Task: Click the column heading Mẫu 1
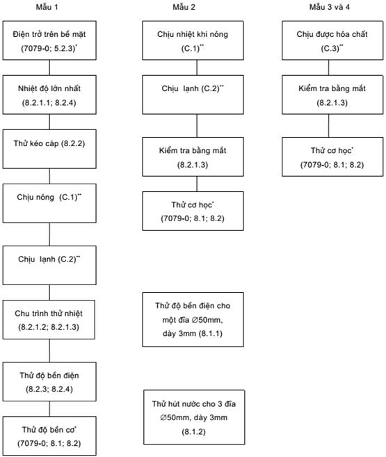(x=47, y=7)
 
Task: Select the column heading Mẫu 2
(x=184, y=7)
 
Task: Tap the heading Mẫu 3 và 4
(x=330, y=7)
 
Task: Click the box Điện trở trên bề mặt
(x=49, y=40)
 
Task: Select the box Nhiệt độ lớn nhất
(x=49, y=95)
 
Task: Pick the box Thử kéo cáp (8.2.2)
(x=49, y=149)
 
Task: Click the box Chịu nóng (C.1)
(x=49, y=203)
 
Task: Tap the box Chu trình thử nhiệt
(x=49, y=319)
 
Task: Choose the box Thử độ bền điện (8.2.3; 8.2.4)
(x=49, y=382)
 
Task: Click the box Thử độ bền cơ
(x=49, y=435)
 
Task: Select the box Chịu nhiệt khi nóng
(x=193, y=40)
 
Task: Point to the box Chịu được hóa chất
(x=332, y=40)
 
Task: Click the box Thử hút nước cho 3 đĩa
(x=194, y=417)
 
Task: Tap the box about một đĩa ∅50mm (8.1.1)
(x=193, y=320)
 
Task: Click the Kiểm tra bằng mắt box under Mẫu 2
(x=193, y=157)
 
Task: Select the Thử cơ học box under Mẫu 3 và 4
(x=332, y=157)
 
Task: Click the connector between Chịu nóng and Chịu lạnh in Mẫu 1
(x=49, y=234)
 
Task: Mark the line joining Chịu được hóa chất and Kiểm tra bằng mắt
(x=329, y=67)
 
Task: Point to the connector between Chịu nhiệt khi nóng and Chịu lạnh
(x=197, y=67)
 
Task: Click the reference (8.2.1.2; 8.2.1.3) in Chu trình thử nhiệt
(x=49, y=327)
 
